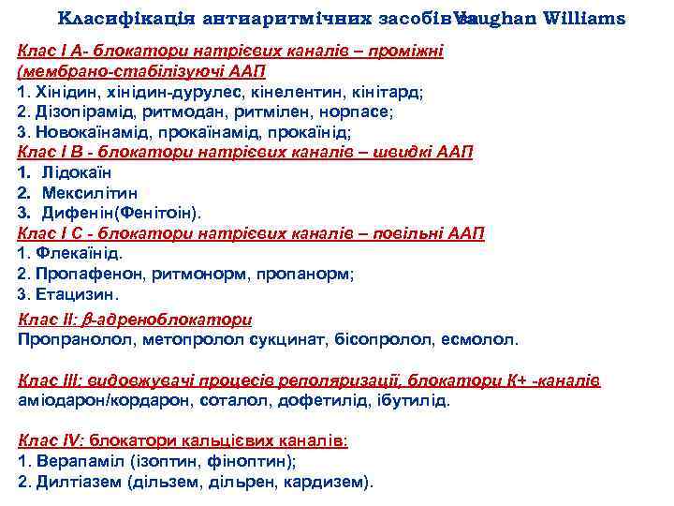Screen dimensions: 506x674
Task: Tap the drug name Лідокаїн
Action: [x=77, y=172]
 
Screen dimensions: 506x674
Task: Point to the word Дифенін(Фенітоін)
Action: [x=122, y=213]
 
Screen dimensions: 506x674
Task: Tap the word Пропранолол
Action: [x=67, y=338]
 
